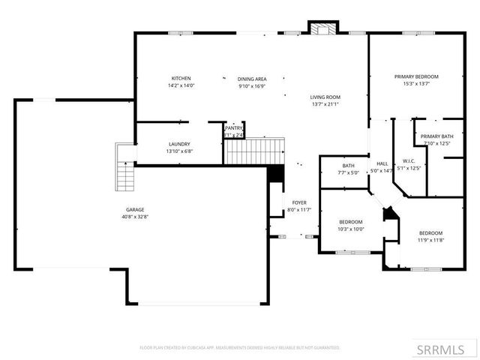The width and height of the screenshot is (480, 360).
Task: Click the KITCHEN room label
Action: tap(181, 78)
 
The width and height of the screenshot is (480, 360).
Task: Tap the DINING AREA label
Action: tap(252, 78)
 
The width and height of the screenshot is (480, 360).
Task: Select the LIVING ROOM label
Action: tap(325, 97)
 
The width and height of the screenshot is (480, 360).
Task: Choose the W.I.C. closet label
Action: tap(409, 161)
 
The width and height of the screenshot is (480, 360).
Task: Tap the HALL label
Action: tap(382, 163)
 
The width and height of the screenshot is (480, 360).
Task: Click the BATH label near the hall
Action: tap(349, 166)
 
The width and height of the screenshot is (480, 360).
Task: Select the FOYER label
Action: tap(299, 202)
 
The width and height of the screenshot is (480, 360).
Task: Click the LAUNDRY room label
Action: tap(178, 144)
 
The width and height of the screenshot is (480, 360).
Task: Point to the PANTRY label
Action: tap(234, 128)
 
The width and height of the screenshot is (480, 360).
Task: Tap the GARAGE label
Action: tap(135, 209)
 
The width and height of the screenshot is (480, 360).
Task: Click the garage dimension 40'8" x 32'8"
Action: tap(135, 217)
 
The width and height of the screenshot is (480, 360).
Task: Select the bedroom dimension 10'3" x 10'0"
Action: tap(351, 229)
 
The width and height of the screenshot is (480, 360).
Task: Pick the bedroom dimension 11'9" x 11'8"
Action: tap(430, 240)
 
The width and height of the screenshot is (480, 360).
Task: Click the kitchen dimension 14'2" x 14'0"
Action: tap(181, 85)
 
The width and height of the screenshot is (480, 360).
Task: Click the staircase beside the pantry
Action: tap(256, 150)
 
